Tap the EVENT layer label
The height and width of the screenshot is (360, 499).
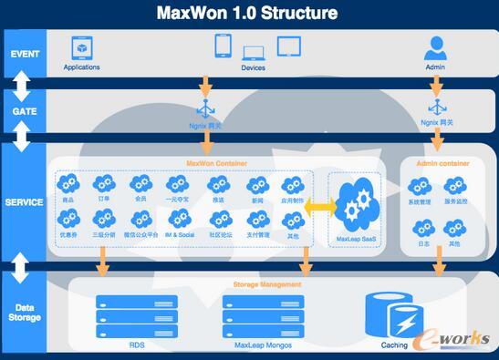click(x=25, y=53)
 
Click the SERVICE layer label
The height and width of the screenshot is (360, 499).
click(x=25, y=201)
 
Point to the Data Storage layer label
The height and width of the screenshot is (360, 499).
click(x=25, y=313)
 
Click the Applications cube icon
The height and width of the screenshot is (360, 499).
click(x=82, y=46)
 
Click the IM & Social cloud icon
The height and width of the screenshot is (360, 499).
click(x=179, y=219)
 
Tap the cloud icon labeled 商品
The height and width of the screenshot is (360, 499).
click(x=68, y=185)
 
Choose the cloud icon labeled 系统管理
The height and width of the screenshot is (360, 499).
click(x=420, y=187)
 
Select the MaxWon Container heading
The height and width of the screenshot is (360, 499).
click(x=216, y=164)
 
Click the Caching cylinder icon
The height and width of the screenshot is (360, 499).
click(x=394, y=315)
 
